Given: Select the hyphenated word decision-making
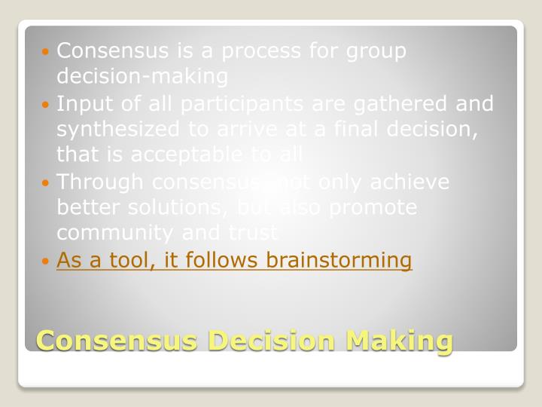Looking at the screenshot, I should (142, 76).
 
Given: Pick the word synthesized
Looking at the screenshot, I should (120, 129).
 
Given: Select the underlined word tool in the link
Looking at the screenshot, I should (125, 261).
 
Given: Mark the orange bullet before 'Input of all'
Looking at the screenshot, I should (47, 104).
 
